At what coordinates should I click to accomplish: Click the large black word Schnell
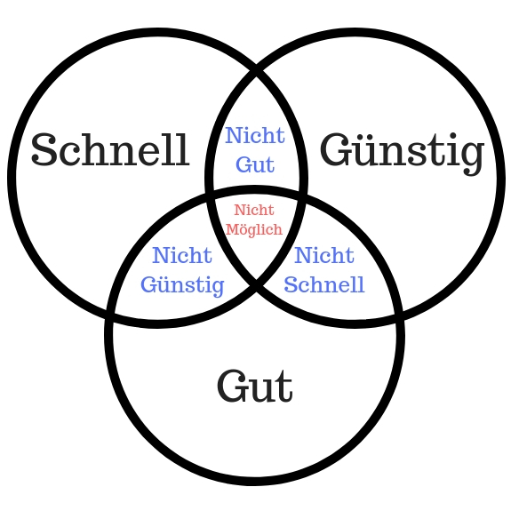click(110, 149)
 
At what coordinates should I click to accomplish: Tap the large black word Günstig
click(403, 153)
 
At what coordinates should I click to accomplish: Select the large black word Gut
click(254, 386)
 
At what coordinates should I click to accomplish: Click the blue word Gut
click(255, 164)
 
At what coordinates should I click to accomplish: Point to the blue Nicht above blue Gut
click(255, 135)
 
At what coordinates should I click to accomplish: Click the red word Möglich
click(254, 230)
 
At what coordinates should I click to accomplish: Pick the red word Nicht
click(254, 210)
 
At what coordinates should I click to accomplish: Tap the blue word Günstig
click(182, 286)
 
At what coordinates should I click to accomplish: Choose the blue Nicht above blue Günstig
click(182, 255)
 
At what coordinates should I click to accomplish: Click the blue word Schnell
click(324, 284)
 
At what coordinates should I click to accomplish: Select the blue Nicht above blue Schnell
click(324, 255)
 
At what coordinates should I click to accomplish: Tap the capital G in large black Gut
click(232, 386)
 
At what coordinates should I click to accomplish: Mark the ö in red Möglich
click(241, 230)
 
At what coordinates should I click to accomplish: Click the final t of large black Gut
click(284, 387)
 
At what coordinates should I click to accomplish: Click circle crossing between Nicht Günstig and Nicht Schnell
click(256, 286)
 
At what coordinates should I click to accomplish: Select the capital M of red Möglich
click(231, 229)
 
